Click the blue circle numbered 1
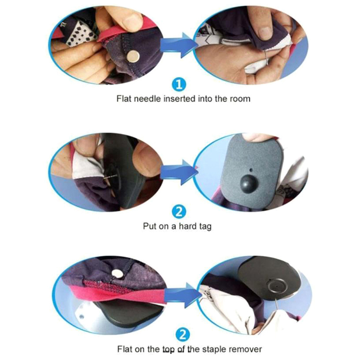click(179, 85)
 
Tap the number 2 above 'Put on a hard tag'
click(179, 211)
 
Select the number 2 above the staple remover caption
click(183, 335)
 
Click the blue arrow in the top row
click(179, 45)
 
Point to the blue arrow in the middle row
click(179, 172)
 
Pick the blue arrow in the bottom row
click(183, 295)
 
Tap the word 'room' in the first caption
click(240, 99)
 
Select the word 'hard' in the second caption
click(188, 226)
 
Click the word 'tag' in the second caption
click(206, 227)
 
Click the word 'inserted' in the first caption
click(179, 99)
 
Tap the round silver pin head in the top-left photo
click(133, 56)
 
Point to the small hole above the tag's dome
click(251, 170)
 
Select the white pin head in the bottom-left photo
click(117, 274)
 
